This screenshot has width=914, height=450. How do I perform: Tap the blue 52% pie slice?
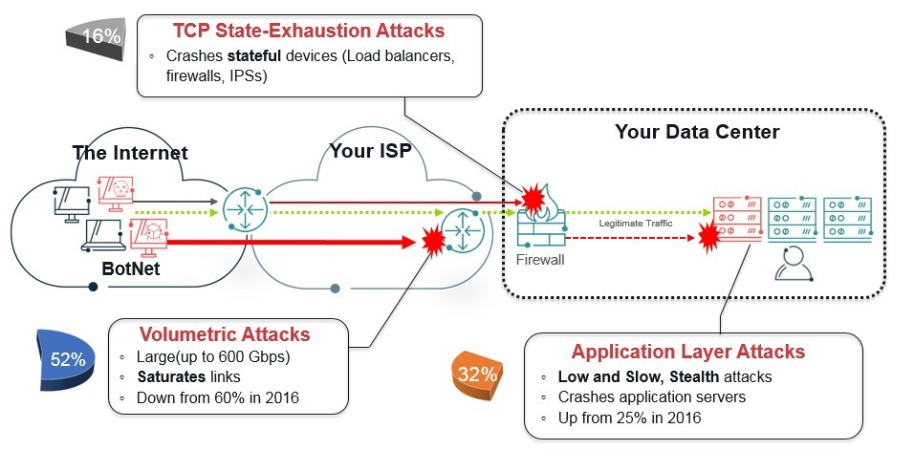coord(63,359)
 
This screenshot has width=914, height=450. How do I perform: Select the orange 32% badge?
coord(476,375)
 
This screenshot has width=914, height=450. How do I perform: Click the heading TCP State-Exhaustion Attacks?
coord(309,31)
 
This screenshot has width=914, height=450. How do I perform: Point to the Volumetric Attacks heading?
coord(225,334)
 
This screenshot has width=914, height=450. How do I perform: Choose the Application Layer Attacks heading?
coord(687,352)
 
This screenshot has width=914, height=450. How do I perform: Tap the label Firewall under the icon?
coord(540,260)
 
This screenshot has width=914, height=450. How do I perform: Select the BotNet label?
coord(131,269)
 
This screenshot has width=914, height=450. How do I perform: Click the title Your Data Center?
coord(697,132)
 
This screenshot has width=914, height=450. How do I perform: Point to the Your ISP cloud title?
coord(371,151)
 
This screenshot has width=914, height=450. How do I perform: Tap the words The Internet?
coord(130,153)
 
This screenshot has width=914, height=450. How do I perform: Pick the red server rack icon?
coord(737,219)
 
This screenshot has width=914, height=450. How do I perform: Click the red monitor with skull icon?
coord(116,194)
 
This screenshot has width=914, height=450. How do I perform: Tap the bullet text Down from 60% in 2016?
coord(217,398)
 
